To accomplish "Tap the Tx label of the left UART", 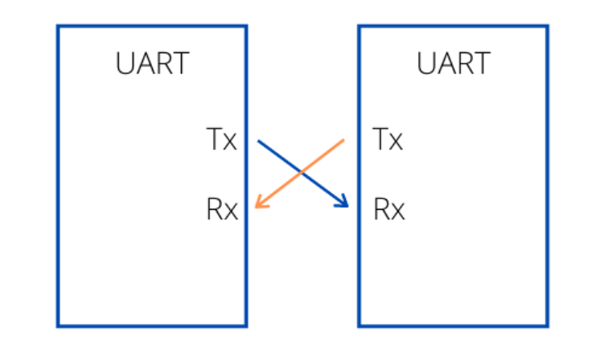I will [x=222, y=140].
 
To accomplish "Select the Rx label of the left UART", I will [x=222, y=211].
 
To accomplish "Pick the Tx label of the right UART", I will [x=388, y=140].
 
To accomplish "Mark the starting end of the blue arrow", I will [x=258, y=141].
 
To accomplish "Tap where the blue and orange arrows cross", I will [x=302, y=173].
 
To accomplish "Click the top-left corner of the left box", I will [x=58, y=26].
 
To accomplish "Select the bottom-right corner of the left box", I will [x=245, y=326].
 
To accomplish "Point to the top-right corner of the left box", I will [x=245, y=26].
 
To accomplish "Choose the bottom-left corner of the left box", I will [x=58, y=326].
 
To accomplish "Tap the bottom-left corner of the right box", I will [x=359, y=326].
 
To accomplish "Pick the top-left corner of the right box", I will [x=359, y=26].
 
